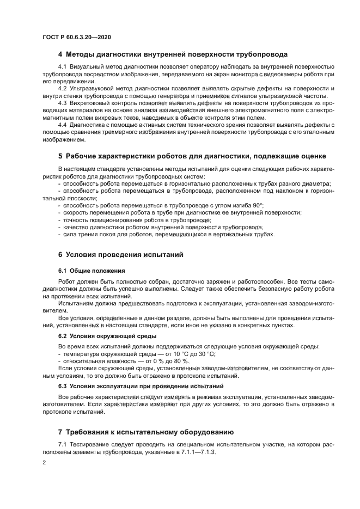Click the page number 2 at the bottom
coord(44,462)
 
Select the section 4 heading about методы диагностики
coord(173,54)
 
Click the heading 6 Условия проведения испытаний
coord(120,254)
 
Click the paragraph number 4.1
coord(62,66)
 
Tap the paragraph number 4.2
coord(62,88)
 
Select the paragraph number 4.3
coord(62,103)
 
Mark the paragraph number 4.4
coord(62,125)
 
